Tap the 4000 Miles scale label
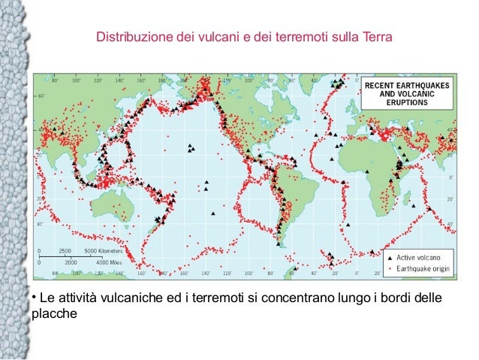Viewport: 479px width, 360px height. pos(110,263)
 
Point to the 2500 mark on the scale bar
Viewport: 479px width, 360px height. pos(65,250)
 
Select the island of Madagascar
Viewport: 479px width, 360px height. pos(414,197)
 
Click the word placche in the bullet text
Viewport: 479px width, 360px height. pos(54,314)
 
